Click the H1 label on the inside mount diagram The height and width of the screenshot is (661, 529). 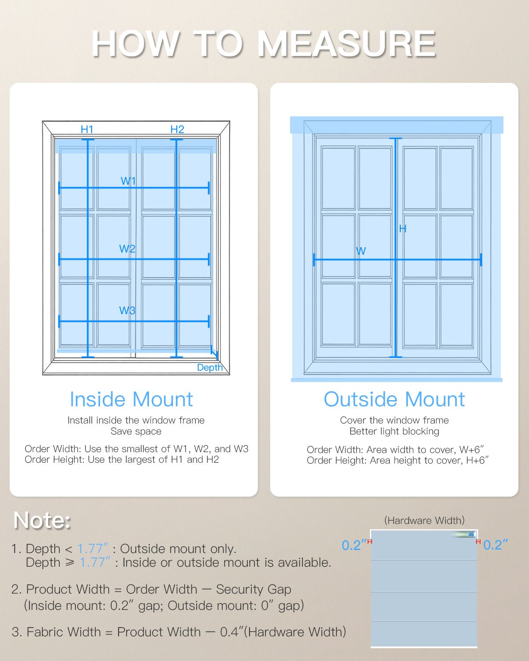(x=87, y=129)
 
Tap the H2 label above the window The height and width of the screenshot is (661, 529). (x=177, y=129)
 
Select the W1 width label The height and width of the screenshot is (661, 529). (x=128, y=181)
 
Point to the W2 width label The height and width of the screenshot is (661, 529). (x=127, y=249)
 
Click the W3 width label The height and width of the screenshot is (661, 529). (x=127, y=310)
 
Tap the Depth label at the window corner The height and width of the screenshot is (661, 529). (x=209, y=368)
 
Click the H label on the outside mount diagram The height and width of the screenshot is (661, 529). (x=402, y=228)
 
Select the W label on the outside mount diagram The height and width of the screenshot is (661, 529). (x=361, y=251)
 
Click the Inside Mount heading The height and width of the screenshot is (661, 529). (x=131, y=399)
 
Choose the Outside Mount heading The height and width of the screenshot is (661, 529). (x=394, y=399)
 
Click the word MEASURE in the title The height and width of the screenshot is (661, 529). (x=346, y=44)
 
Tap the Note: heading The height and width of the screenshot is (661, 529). (x=42, y=520)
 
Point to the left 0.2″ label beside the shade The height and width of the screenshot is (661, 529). (x=354, y=545)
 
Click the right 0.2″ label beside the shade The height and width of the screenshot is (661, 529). (x=495, y=545)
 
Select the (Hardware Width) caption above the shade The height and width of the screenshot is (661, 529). (x=424, y=520)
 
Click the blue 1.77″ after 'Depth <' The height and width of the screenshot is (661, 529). (x=93, y=549)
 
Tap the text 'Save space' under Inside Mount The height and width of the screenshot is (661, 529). (x=136, y=431)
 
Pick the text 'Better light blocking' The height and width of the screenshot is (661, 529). (x=394, y=431)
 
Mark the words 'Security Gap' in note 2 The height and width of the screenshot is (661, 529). (x=253, y=589)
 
